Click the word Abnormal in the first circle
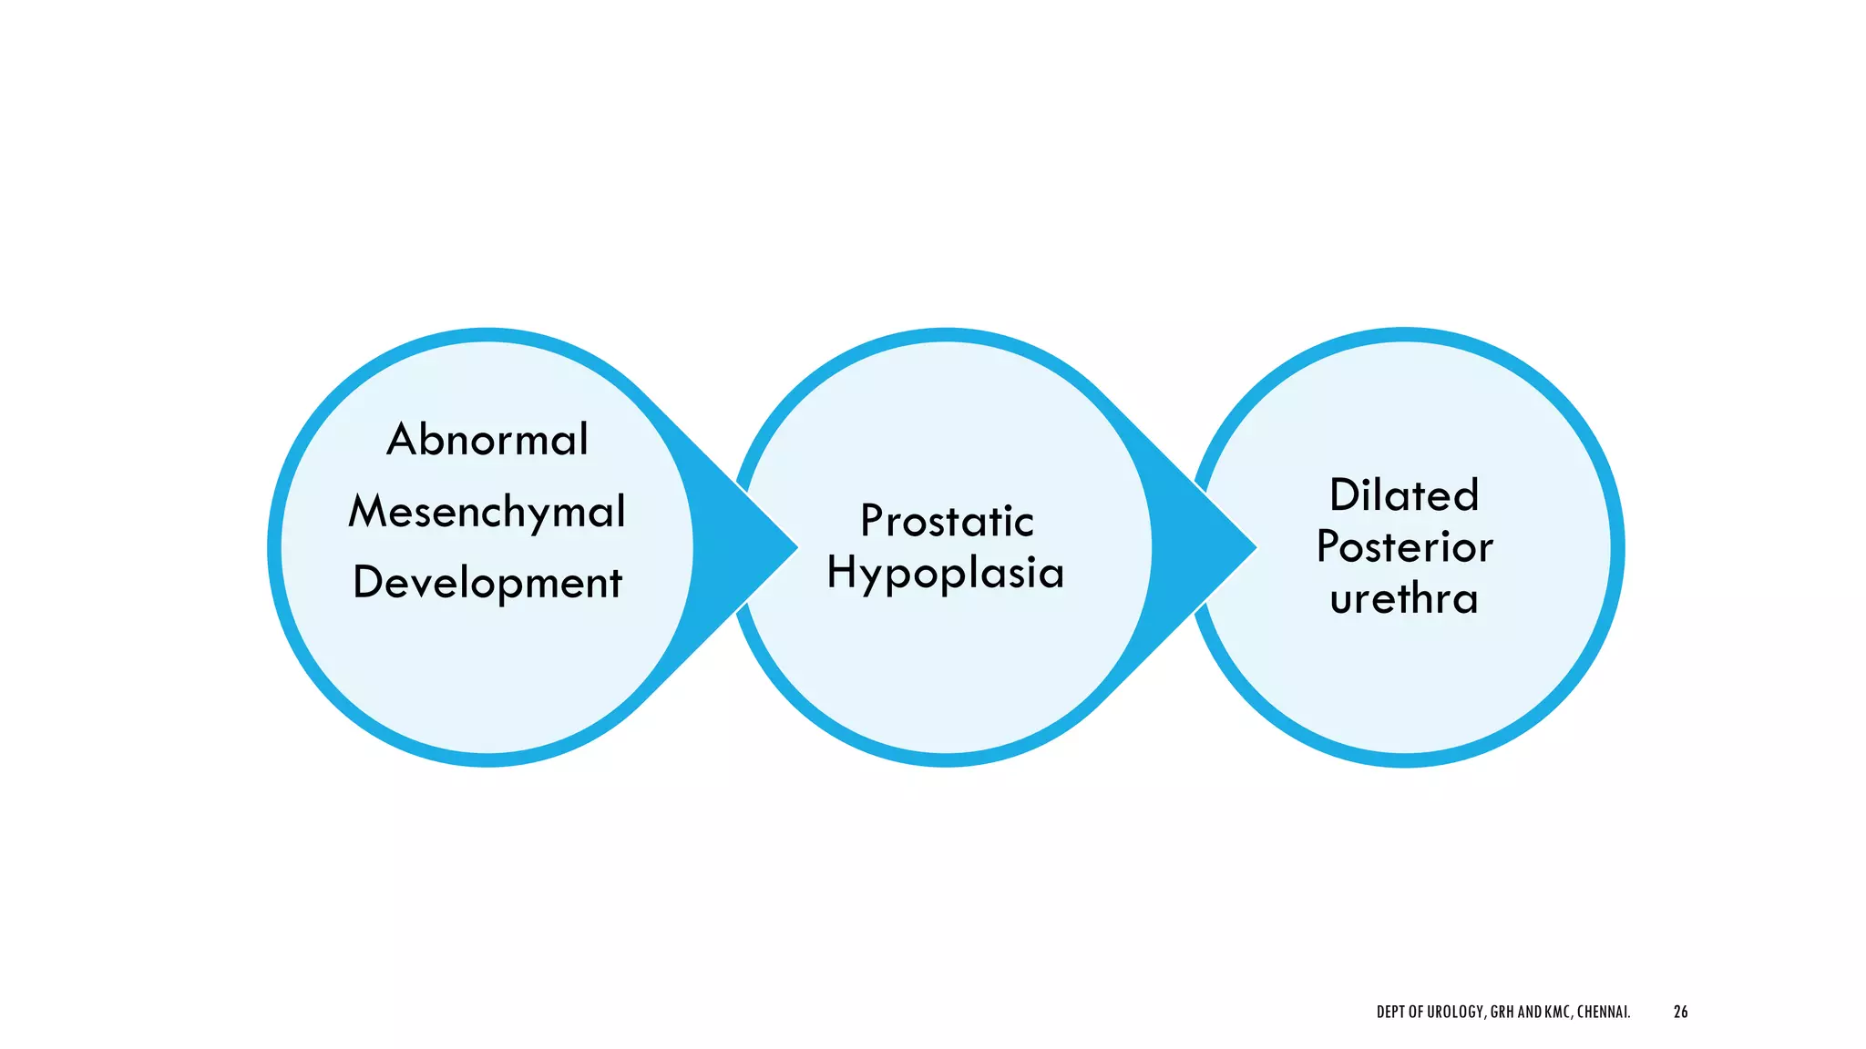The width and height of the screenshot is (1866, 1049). click(487, 440)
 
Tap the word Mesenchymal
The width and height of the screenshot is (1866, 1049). click(487, 512)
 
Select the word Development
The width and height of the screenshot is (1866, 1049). click(487, 583)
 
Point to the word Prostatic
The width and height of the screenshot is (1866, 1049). click(947, 522)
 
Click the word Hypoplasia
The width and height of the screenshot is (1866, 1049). click(946, 574)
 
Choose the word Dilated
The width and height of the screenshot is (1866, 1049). click(1404, 496)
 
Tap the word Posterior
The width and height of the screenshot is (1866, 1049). click(1404, 547)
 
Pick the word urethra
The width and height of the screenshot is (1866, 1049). click(1404, 599)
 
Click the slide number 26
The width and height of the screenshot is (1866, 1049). click(1680, 1012)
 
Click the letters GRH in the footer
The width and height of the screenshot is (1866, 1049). click(1502, 1012)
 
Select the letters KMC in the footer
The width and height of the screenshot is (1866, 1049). click(1557, 1012)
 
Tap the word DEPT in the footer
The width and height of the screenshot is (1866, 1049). click(1391, 1012)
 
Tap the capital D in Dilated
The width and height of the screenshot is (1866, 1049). click(1344, 496)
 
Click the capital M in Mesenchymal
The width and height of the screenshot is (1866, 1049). click(368, 511)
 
